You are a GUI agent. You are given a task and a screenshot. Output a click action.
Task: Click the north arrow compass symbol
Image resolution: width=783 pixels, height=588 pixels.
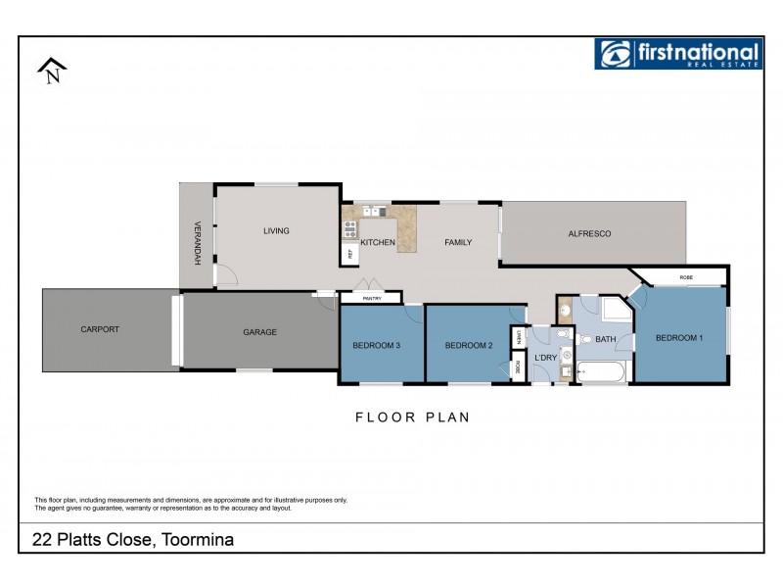coord(52,71)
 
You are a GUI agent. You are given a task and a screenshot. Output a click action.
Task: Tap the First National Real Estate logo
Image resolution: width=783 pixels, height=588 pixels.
coord(677,54)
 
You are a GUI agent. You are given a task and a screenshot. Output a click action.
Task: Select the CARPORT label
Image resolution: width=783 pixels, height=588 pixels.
coord(100,329)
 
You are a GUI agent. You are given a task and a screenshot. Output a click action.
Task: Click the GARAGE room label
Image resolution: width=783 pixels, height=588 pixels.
coord(259,332)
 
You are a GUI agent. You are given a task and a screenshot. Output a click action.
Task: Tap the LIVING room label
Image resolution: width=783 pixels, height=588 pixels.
coord(276,231)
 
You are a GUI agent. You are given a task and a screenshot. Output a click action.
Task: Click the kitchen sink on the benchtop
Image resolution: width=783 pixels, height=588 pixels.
coord(373,211)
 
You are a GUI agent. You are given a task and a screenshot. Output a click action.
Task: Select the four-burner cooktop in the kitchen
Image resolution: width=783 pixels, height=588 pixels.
coord(349,230)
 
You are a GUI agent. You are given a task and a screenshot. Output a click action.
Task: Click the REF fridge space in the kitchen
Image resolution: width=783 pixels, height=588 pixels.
coord(349,253)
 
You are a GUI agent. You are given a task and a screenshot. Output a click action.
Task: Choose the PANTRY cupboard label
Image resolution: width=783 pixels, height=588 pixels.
coord(371,298)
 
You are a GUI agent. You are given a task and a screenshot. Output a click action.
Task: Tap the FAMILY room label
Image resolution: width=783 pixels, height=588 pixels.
coord(458,242)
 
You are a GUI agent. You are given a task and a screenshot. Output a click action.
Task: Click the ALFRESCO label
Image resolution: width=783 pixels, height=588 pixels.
coord(589,233)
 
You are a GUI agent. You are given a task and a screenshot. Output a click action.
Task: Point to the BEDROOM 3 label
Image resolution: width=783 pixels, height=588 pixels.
coord(376,345)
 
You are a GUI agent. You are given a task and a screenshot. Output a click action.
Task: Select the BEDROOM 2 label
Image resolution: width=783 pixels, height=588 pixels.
coord(467,345)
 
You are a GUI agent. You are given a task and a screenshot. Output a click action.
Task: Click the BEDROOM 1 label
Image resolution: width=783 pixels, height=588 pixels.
coord(678,338)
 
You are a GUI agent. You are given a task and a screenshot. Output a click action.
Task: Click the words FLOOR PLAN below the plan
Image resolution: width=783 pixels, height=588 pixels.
coord(412,416)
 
